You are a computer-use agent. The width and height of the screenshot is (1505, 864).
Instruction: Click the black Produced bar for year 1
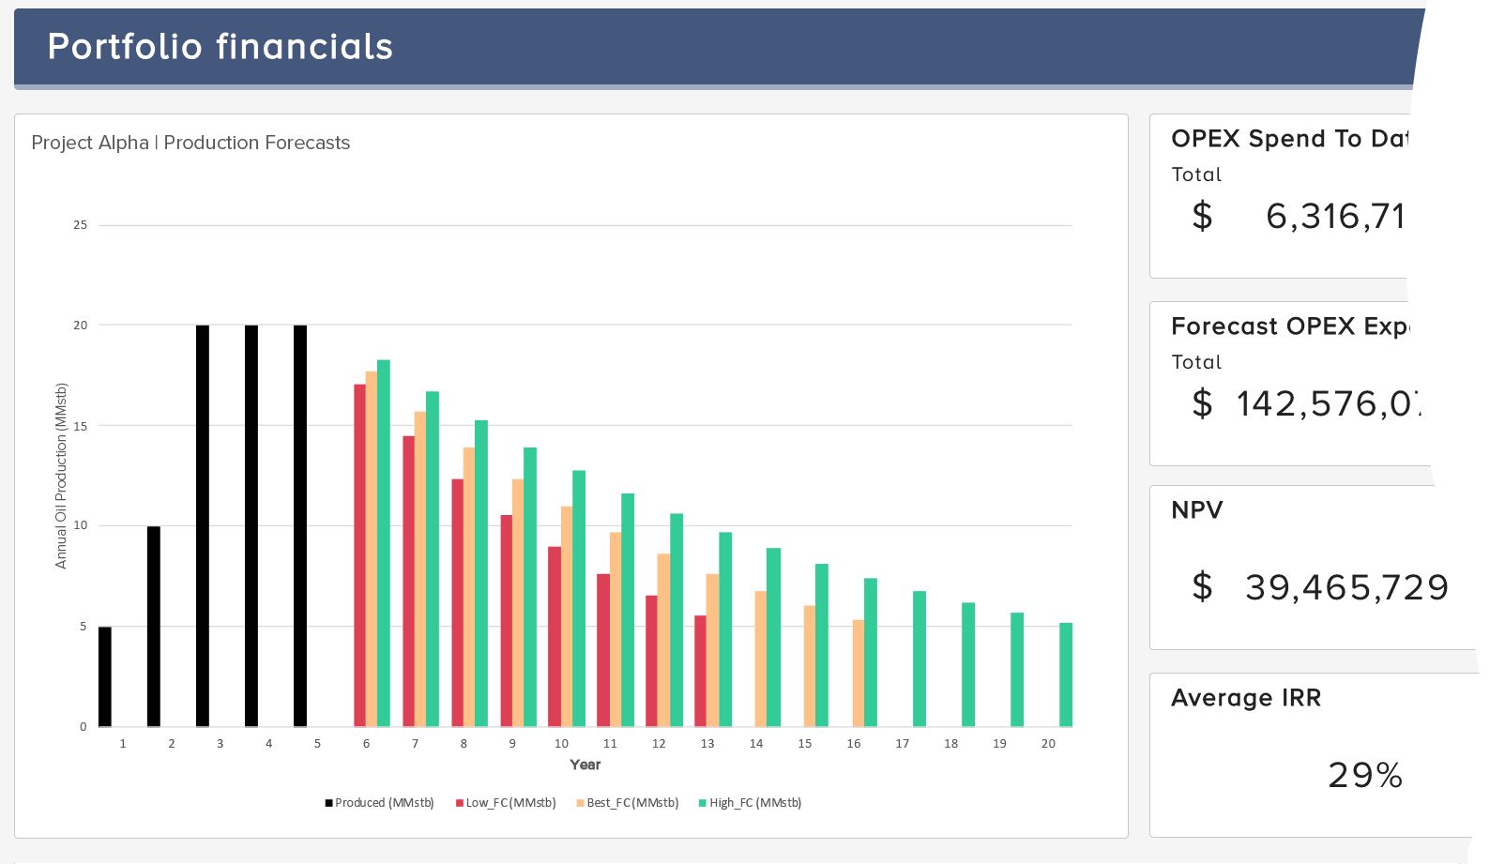(x=105, y=676)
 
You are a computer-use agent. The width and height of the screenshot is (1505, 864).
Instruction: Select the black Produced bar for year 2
(x=154, y=627)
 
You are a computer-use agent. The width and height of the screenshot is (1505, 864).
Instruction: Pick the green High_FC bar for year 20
(x=1066, y=675)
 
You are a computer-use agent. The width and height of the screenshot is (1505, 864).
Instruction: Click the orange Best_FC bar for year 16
(x=859, y=673)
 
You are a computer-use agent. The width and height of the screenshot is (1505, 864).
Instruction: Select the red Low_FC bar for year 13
(x=700, y=671)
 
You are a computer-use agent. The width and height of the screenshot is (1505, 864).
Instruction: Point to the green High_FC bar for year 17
(x=920, y=659)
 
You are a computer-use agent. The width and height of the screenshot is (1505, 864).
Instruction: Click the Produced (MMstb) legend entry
(x=380, y=803)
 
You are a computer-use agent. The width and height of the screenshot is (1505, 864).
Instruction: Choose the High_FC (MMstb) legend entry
(x=750, y=803)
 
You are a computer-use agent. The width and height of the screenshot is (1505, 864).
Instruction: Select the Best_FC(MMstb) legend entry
(x=628, y=803)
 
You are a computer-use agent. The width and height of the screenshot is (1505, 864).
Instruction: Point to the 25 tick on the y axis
(x=81, y=225)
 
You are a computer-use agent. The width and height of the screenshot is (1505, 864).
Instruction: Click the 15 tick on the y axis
(x=81, y=426)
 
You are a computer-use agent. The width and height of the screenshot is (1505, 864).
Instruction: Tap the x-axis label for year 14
(x=756, y=744)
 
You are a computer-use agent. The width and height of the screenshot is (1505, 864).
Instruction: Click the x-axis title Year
(x=585, y=765)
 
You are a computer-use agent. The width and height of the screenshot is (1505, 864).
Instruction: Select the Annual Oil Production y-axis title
(x=61, y=476)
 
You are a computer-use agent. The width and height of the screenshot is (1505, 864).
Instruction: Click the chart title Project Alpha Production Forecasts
(x=190, y=143)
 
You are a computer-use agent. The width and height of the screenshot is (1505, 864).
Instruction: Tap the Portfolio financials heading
(x=220, y=47)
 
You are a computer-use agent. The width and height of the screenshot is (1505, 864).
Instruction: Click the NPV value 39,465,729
(x=1345, y=588)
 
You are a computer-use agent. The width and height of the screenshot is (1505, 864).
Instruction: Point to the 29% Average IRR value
(x=1365, y=776)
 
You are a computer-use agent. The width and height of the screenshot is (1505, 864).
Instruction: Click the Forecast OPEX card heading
(x=1289, y=326)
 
